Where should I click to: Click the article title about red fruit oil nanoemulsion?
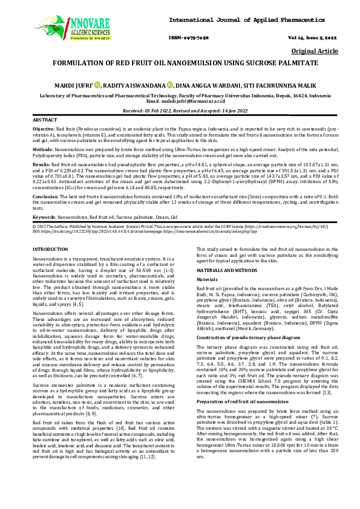coord(180,63)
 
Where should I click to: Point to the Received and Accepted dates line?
coord(180,111)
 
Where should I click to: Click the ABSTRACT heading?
coord(44,121)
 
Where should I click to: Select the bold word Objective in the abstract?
coord(42,130)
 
